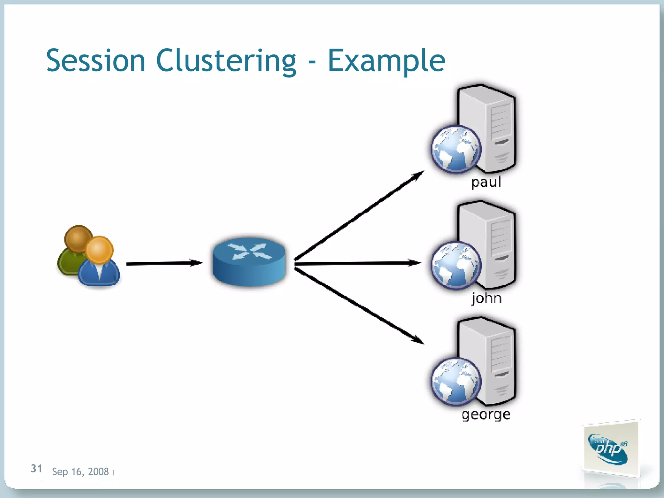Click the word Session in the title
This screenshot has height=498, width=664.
click(96, 61)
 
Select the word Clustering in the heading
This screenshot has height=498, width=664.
click(226, 61)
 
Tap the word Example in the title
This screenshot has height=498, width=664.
click(386, 61)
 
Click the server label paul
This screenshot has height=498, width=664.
click(486, 182)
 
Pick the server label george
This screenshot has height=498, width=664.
click(486, 414)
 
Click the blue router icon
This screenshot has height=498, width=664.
click(249, 261)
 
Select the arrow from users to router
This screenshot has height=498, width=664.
click(164, 263)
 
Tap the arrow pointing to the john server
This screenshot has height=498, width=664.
click(357, 263)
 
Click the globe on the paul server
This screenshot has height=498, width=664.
click(456, 149)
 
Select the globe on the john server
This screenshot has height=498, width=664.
click(456, 265)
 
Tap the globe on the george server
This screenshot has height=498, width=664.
click(456, 381)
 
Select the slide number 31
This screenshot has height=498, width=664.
click(36, 468)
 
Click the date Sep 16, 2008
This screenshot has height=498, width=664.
click(80, 472)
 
